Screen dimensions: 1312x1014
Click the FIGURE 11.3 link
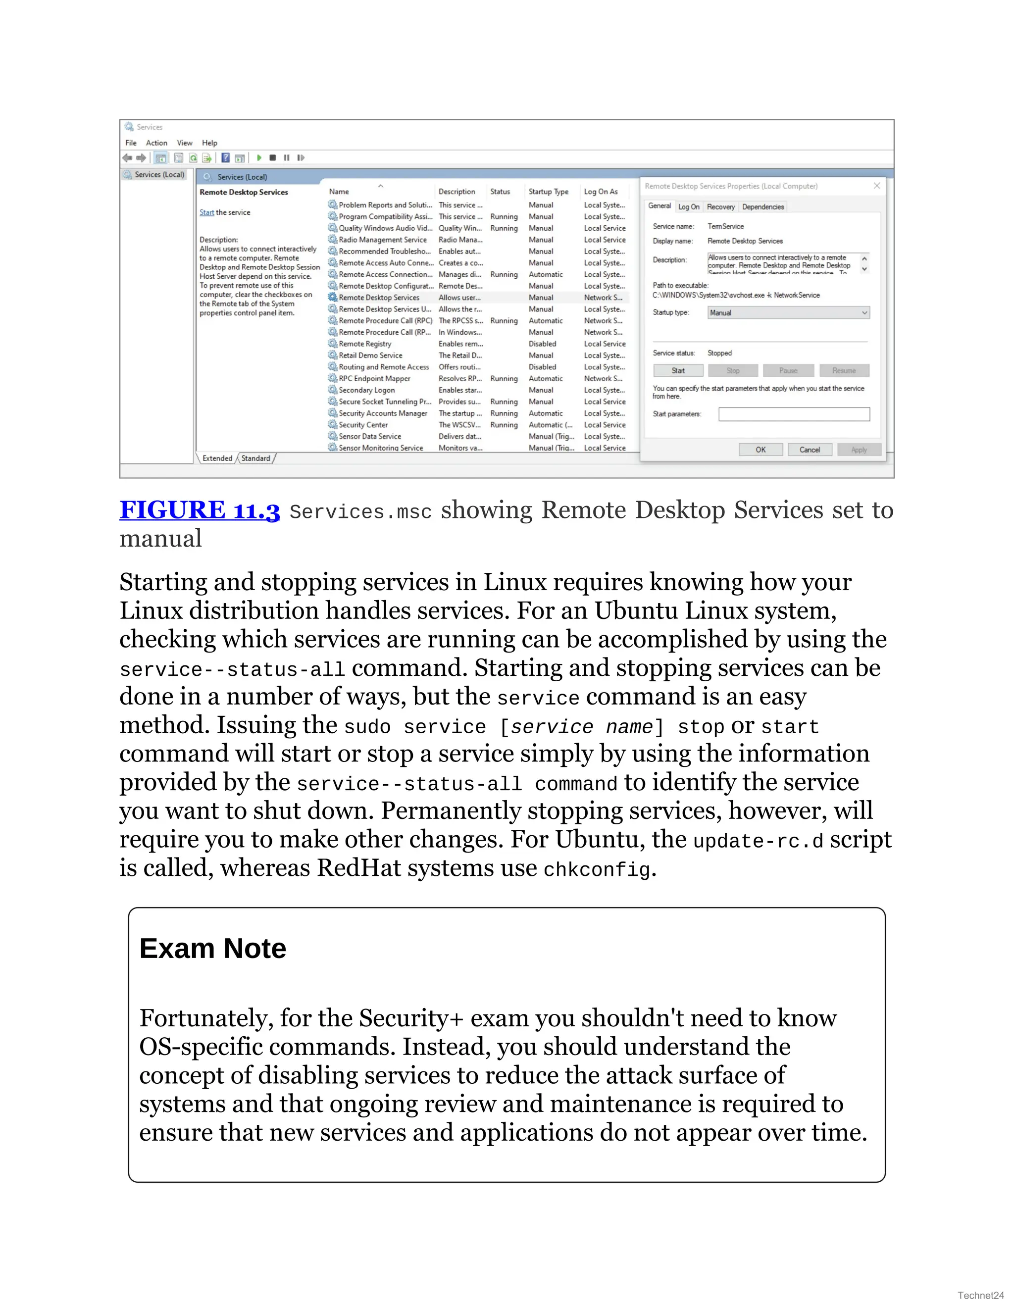click(x=200, y=510)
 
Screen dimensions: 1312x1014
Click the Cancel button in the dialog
click(x=809, y=450)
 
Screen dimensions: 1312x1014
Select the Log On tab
click(x=688, y=206)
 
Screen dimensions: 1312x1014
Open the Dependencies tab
click(x=762, y=206)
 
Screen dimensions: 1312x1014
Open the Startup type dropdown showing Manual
click(x=788, y=312)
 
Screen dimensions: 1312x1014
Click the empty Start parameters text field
click(x=794, y=414)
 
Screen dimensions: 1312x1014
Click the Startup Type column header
click(x=548, y=192)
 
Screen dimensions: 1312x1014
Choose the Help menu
click(x=209, y=143)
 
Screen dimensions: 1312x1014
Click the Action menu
click(x=156, y=143)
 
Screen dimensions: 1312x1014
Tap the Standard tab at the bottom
click(x=256, y=458)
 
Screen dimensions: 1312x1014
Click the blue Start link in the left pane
click(x=206, y=213)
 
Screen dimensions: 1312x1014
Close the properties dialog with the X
click(x=876, y=186)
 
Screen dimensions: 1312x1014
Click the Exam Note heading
click(x=212, y=949)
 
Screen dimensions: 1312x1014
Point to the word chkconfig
click(x=597, y=870)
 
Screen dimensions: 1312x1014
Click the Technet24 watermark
click(x=980, y=1295)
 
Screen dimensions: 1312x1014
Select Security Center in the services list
click(x=363, y=425)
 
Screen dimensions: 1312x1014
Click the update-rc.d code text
click(x=758, y=841)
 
